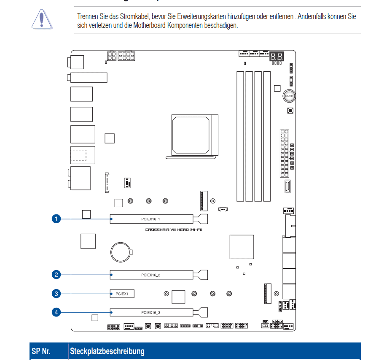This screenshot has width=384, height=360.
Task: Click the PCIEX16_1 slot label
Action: click(x=150, y=219)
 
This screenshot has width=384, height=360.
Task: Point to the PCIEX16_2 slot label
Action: click(x=150, y=275)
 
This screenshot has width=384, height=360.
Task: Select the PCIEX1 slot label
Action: click(x=122, y=293)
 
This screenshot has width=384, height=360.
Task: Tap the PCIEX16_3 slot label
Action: click(x=150, y=313)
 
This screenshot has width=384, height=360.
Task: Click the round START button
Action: click(x=289, y=96)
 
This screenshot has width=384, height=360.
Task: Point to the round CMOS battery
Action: click(x=121, y=252)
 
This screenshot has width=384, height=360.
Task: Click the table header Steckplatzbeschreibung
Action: click(x=107, y=351)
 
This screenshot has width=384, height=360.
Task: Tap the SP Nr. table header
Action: click(x=41, y=351)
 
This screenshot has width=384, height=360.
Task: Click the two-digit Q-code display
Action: click(x=276, y=56)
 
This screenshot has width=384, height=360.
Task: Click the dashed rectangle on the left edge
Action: click(x=78, y=154)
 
